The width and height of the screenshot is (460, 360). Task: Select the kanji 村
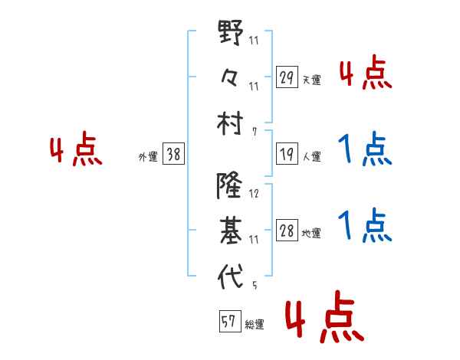click(230, 121)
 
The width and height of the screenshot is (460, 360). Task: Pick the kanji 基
click(230, 229)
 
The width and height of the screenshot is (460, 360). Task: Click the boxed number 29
click(287, 77)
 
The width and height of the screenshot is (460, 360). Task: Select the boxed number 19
click(287, 154)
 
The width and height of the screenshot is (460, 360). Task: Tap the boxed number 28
click(287, 231)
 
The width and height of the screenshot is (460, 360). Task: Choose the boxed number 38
click(174, 154)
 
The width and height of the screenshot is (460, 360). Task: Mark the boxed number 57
click(229, 322)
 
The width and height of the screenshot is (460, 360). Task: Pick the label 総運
click(255, 325)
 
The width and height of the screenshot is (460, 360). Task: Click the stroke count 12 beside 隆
click(254, 194)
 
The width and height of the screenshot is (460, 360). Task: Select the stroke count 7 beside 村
click(255, 133)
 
